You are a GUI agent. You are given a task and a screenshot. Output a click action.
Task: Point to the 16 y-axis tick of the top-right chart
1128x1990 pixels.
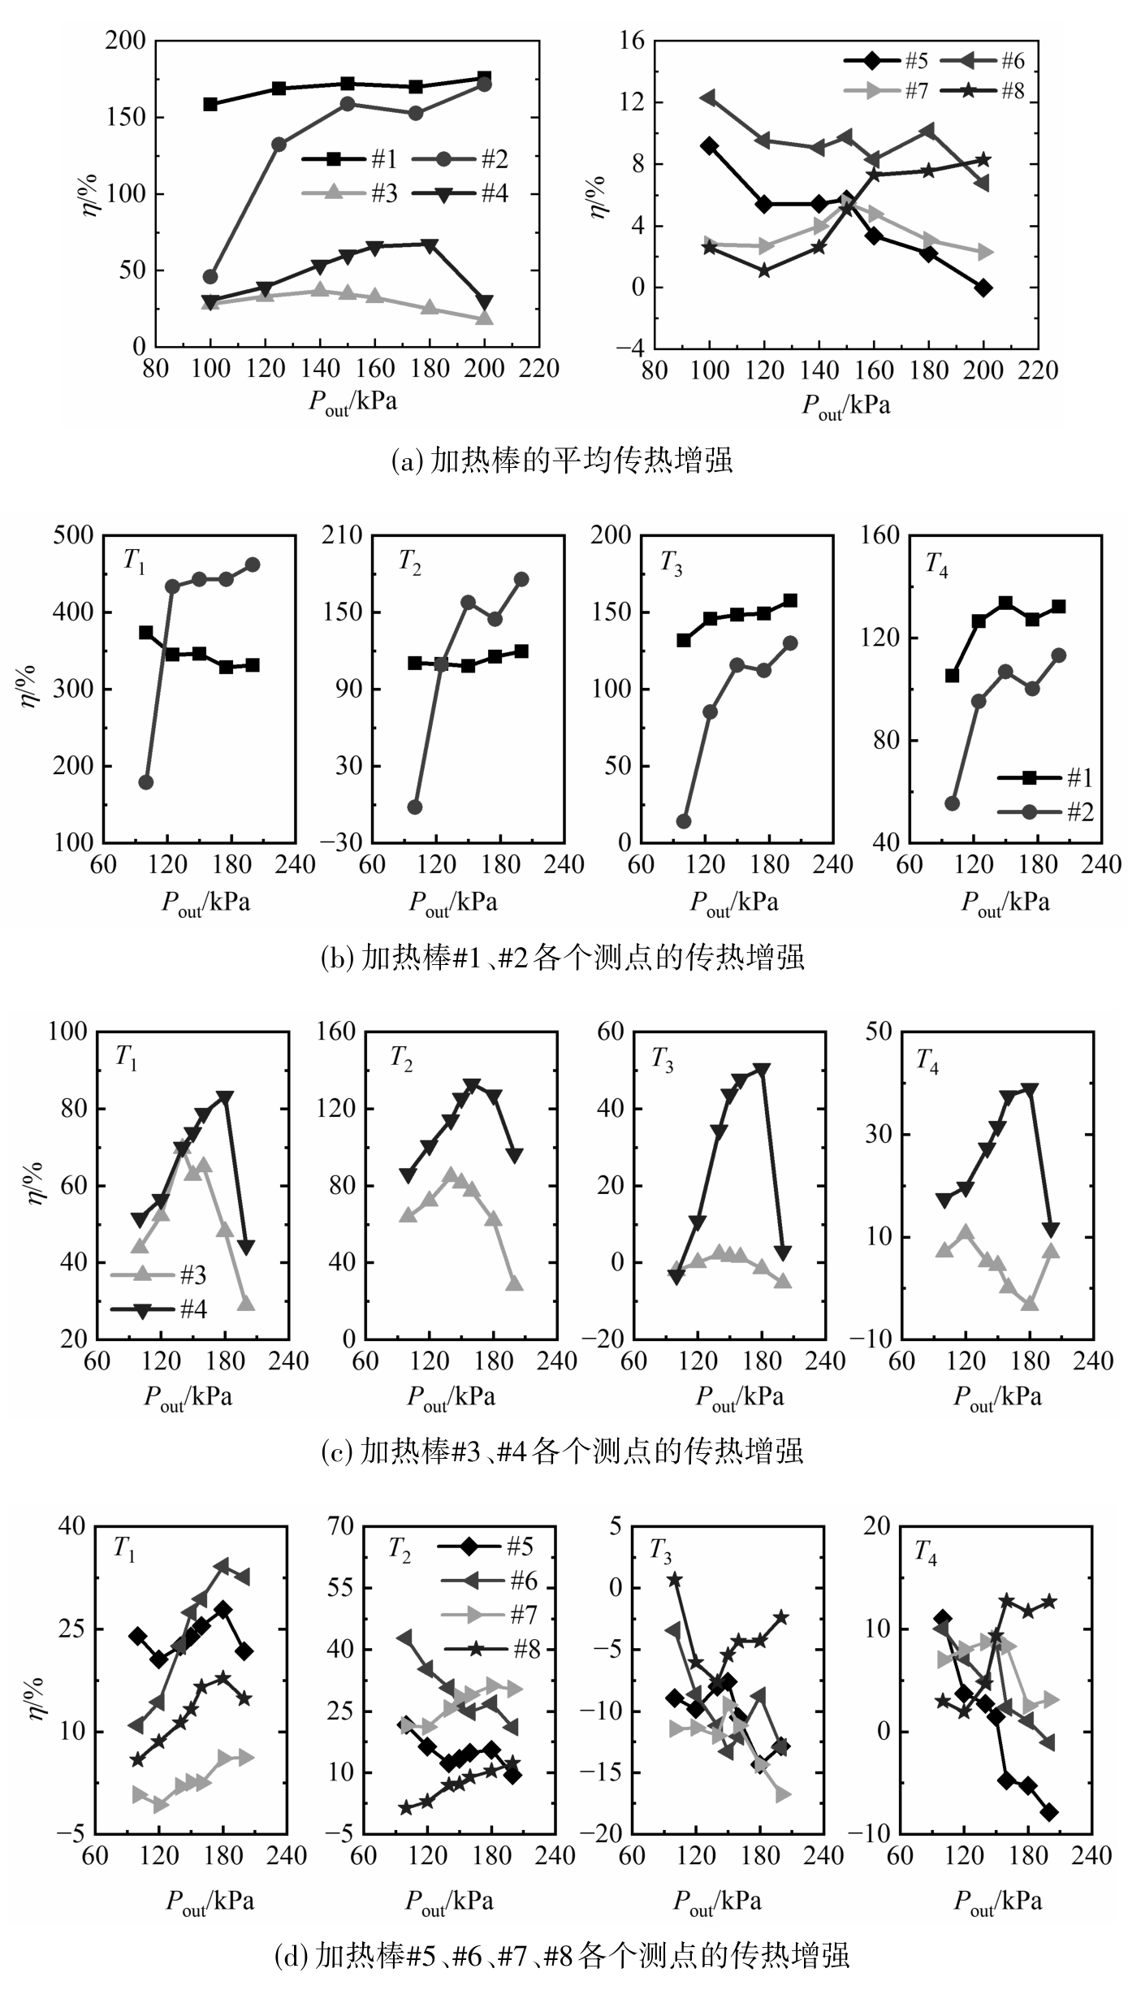coord(631,41)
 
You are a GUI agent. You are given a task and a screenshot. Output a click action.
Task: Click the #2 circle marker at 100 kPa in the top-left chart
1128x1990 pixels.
coord(210,277)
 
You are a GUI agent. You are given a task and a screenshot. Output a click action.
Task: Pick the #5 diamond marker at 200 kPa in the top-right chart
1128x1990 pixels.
coord(983,288)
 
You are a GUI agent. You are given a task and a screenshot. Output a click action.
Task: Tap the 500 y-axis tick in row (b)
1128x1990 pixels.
coord(75,535)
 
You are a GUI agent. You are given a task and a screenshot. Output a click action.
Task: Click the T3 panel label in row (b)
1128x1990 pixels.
coord(671,562)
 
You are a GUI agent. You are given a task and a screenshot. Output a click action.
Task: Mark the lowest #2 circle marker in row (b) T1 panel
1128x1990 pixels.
coord(146,782)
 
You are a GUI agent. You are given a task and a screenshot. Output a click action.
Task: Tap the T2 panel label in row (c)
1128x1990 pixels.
coord(401,1058)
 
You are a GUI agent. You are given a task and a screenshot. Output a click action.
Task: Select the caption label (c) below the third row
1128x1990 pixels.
coord(336,1451)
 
